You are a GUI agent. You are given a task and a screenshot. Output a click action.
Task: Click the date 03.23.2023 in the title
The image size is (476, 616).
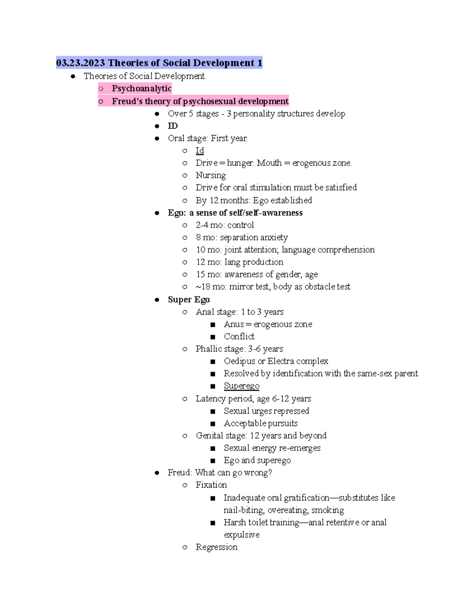point(81,63)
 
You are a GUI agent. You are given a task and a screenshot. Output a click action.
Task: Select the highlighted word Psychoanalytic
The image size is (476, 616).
point(141,88)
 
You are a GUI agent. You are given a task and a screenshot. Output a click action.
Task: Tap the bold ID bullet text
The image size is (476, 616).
point(173,126)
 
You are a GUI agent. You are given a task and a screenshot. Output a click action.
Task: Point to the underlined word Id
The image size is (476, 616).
point(200,151)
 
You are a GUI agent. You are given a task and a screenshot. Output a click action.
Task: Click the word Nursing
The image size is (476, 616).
point(211,175)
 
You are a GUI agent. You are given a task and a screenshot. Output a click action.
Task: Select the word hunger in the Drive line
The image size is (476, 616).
point(240,163)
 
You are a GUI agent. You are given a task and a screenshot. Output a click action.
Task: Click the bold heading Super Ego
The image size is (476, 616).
point(188,299)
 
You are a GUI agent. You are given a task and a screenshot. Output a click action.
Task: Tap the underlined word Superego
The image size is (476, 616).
point(242,386)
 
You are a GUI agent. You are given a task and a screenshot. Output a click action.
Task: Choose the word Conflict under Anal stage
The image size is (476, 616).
point(239,336)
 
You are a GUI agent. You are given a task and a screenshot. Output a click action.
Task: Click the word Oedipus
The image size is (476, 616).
point(240,361)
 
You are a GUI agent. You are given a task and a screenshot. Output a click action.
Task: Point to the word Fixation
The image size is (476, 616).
point(211,485)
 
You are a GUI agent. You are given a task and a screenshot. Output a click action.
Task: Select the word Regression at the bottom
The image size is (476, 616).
point(216,547)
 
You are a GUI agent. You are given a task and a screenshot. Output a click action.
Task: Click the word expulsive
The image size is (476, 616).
point(242,535)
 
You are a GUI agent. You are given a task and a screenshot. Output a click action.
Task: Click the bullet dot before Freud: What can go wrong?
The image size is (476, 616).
point(157,473)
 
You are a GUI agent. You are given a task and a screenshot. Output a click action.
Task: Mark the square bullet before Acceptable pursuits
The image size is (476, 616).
point(213,424)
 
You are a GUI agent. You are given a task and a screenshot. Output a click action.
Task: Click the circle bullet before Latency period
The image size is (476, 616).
point(185,399)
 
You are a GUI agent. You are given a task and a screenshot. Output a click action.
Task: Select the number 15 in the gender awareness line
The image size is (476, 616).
point(200,274)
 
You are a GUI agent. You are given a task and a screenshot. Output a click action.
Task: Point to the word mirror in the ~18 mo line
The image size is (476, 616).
point(241,287)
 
